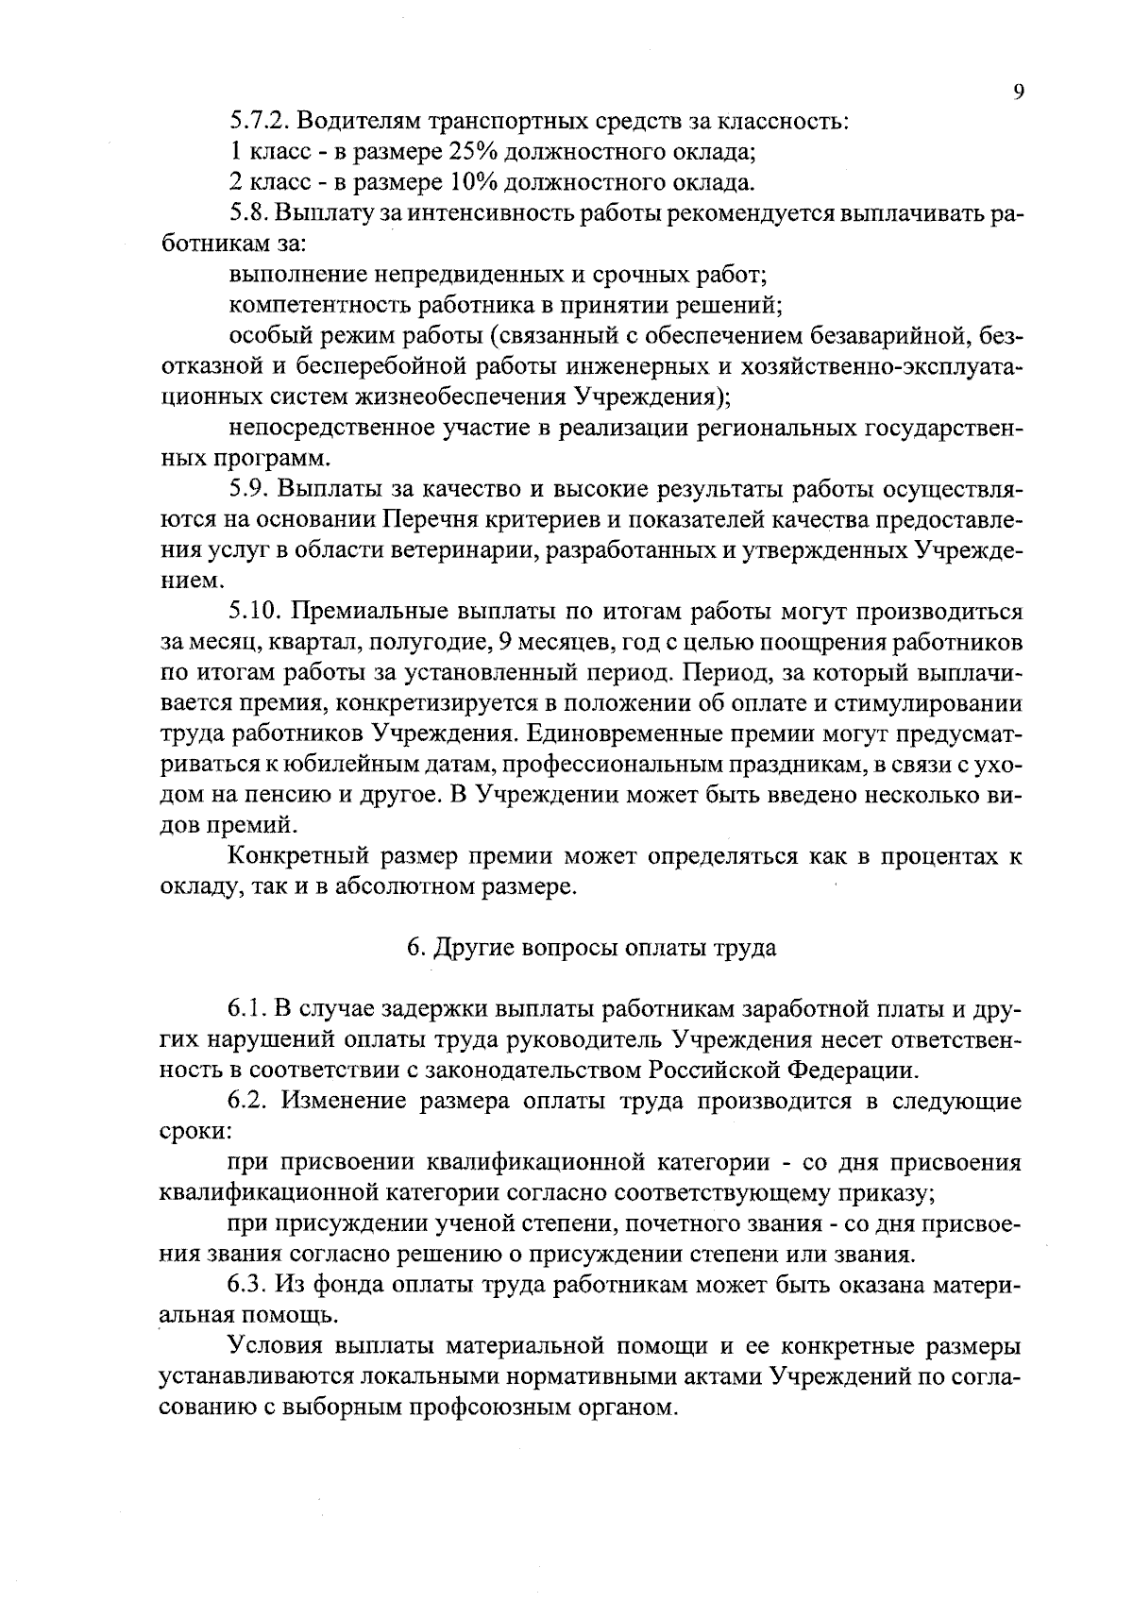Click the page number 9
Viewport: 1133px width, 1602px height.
pos(1018,92)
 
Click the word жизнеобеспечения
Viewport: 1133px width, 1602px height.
pos(453,396)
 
